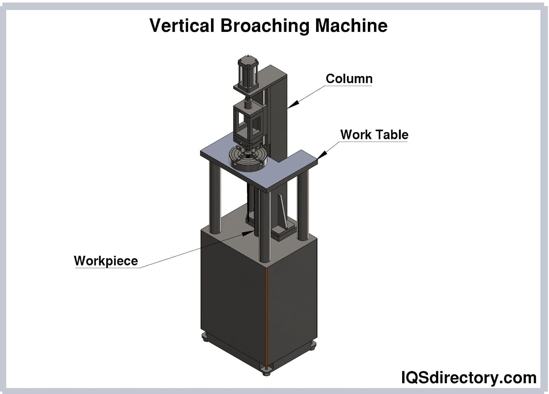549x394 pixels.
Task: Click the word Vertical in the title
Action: [182, 25]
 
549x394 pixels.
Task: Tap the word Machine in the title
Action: [351, 25]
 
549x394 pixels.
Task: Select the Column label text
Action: [349, 79]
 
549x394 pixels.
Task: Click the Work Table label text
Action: [374, 134]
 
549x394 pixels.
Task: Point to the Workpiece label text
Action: [106, 261]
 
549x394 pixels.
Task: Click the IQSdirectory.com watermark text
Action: [469, 377]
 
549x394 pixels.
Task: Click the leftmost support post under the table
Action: [215, 198]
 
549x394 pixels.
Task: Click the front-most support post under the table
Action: [265, 227]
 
